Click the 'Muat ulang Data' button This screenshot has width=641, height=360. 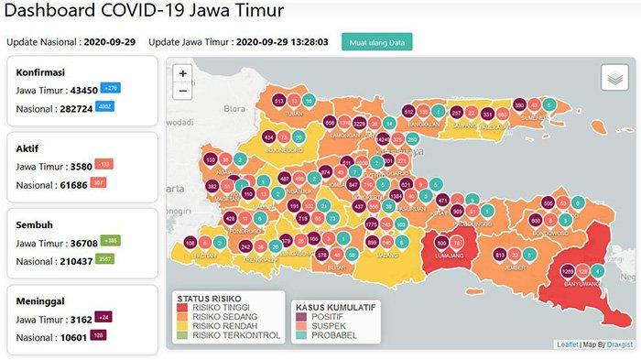(377, 42)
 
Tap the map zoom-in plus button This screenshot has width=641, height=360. (183, 72)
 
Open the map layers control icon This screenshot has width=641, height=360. (614, 78)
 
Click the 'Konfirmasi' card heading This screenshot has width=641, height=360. (38, 71)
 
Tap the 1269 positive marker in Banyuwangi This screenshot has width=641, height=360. (568, 271)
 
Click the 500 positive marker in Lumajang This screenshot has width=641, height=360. (442, 243)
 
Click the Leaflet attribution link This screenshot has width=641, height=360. (568, 344)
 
